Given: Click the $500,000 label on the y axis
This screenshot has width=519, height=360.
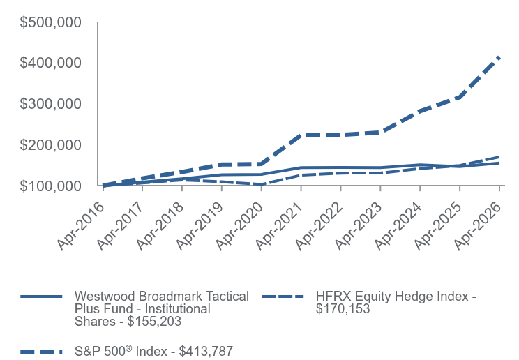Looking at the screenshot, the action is [x=51, y=22].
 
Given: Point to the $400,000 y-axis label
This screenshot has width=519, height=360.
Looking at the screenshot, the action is [x=51, y=63].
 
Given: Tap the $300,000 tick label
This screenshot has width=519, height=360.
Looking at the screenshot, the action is [x=51, y=104].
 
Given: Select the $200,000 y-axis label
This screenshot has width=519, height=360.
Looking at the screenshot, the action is [x=51, y=145].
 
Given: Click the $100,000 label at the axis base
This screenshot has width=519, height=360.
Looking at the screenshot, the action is [x=51, y=186].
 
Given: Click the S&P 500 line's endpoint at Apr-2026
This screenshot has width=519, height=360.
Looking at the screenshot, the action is [x=499, y=58].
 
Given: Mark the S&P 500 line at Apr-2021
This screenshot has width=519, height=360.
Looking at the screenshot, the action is [x=301, y=135].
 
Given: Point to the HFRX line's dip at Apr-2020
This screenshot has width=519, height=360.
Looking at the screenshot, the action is [x=262, y=184].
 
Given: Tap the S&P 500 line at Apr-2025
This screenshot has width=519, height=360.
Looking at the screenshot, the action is [x=460, y=97].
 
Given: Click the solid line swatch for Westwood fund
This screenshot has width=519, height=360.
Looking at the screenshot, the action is [x=41, y=297].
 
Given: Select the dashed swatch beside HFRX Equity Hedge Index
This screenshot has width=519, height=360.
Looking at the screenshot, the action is [x=283, y=297].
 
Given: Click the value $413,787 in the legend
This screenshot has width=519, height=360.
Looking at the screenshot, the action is [x=206, y=352].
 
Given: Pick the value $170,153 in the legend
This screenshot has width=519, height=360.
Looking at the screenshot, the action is [x=343, y=308].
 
